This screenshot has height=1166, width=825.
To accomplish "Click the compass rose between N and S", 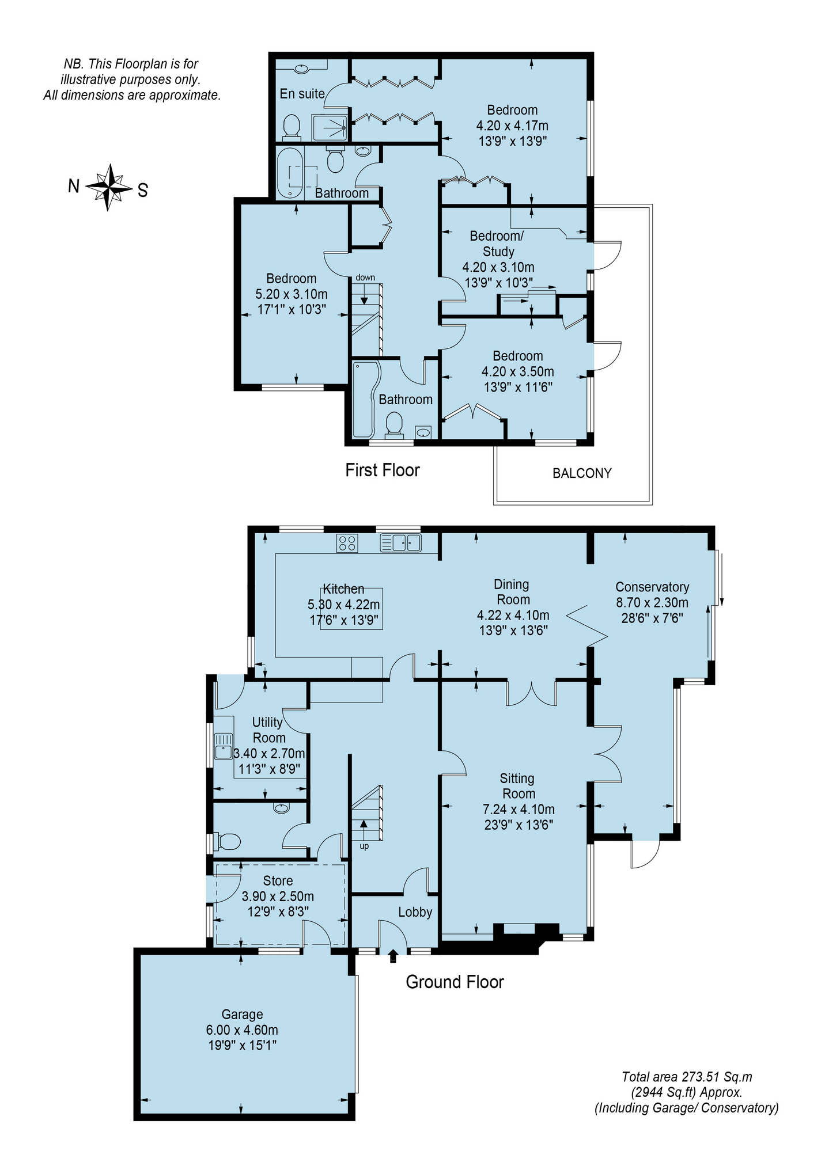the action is [108, 187].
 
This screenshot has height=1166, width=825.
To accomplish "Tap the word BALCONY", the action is [582, 473].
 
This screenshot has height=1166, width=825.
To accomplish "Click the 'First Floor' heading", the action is [383, 470].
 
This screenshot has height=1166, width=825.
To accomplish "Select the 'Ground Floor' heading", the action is [455, 982].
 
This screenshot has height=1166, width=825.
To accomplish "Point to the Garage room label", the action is [243, 1014].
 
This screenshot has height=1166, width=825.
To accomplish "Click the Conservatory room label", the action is [652, 587].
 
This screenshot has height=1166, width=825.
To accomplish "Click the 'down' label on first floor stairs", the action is [365, 278].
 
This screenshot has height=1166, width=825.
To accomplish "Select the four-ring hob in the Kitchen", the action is [347, 543].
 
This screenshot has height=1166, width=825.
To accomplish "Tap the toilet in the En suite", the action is [292, 127].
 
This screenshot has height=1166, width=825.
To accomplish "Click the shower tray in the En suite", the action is [330, 127].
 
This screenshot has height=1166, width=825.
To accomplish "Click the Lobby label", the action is [415, 911].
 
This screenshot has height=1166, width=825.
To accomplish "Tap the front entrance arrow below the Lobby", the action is [393, 956].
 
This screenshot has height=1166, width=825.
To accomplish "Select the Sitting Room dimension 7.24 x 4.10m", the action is [519, 809].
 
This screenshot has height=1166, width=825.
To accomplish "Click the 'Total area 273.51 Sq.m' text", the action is [687, 1077].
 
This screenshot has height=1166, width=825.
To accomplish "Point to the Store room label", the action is [278, 880].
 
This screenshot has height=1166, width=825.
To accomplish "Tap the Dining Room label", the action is [512, 592].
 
